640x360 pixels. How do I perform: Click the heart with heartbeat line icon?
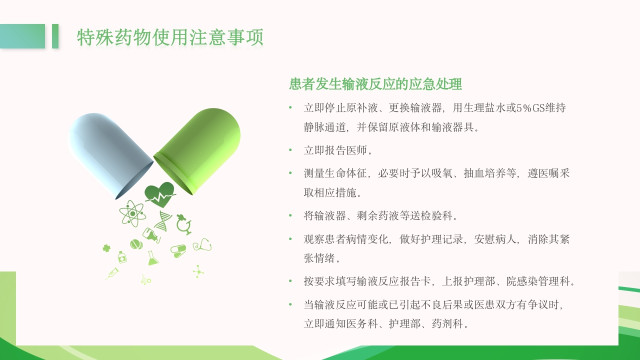(159, 194)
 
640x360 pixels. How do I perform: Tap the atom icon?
(132, 213)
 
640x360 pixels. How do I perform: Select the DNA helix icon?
(163, 220)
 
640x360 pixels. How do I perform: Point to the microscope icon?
(184, 224)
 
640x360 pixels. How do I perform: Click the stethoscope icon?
(202, 245)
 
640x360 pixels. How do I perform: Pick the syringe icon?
(112, 273)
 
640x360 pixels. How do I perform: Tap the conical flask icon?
(152, 258)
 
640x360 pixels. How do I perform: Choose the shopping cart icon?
(145, 280)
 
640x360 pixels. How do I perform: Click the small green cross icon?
(106, 248)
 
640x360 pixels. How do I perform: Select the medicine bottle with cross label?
(121, 257)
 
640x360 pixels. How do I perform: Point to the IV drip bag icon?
(151, 234)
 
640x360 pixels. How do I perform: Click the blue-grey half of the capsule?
(107, 152)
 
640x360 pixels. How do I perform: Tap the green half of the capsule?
(200, 147)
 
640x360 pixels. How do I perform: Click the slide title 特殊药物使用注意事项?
(170, 37)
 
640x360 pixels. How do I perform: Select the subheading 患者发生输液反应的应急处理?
(375, 84)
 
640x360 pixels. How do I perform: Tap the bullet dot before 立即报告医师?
(290, 149)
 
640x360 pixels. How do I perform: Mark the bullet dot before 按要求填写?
(290, 281)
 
